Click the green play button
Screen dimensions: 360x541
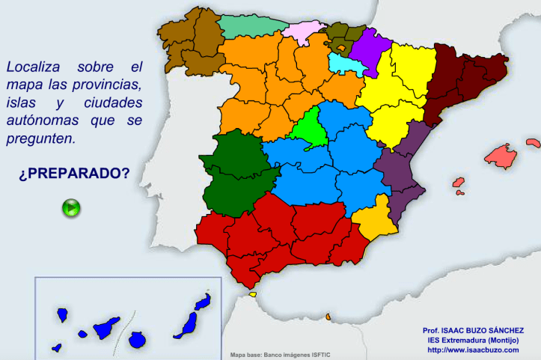[71, 207]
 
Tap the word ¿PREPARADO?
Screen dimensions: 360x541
[74, 173]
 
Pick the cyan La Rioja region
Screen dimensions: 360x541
[344, 64]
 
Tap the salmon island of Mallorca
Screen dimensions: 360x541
[501, 155]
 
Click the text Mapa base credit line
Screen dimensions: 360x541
[280, 355]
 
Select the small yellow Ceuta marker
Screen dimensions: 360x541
[252, 294]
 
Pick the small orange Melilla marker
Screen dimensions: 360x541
[328, 317]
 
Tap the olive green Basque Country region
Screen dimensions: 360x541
[340, 37]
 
